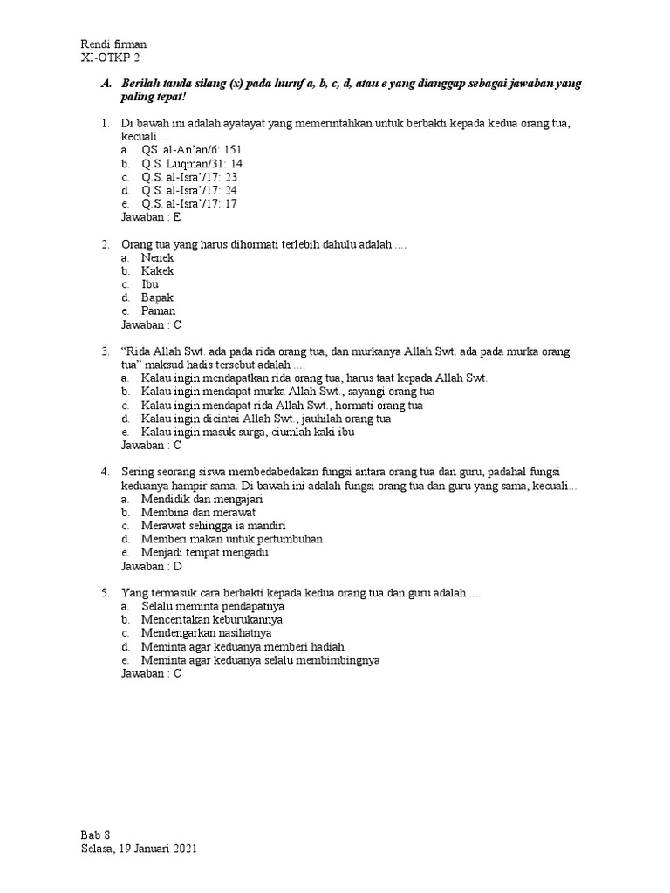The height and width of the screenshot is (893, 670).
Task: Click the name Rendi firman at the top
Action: [x=113, y=44]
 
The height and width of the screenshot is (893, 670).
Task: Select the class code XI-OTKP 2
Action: [x=110, y=58]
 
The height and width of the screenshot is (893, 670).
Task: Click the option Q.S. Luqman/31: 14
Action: [x=192, y=163]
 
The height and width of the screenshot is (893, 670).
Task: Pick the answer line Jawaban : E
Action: [x=151, y=216]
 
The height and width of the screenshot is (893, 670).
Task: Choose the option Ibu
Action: [x=150, y=284]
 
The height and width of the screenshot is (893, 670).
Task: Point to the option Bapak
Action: [x=157, y=297]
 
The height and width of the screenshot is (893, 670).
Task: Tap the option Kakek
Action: [x=158, y=271]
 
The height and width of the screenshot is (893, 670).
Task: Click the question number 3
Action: [x=105, y=351]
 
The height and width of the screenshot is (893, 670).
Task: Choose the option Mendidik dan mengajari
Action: [x=202, y=499]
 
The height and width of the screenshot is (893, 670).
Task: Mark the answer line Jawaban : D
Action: [x=151, y=566]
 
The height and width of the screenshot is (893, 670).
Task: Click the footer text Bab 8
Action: [x=95, y=835]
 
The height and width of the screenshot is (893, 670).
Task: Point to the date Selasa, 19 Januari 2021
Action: [x=145, y=849]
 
